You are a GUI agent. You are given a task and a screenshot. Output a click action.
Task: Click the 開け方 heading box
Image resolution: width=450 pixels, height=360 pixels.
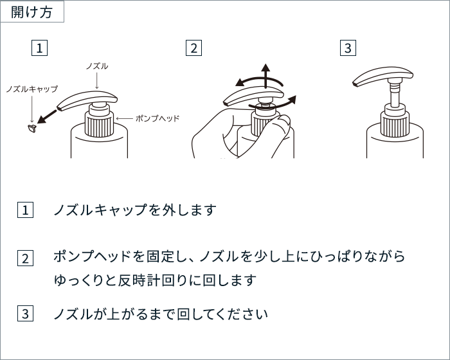tap(32, 12)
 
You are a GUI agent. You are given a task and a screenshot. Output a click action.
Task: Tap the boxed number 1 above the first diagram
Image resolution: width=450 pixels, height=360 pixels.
tap(39, 48)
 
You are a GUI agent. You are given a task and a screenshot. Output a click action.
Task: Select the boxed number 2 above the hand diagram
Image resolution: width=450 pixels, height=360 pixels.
tap(194, 48)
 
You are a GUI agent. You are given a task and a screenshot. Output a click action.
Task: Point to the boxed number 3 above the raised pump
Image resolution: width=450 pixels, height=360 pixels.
tap(348, 48)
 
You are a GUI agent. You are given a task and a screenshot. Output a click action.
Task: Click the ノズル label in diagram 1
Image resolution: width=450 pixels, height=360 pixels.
tap(97, 66)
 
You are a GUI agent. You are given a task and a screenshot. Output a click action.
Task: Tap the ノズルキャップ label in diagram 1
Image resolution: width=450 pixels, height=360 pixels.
tap(32, 89)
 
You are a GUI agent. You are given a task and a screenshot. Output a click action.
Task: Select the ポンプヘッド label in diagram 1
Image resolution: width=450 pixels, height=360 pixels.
tap(157, 118)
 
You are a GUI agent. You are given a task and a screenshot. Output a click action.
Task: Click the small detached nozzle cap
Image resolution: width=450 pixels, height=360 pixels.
tap(32, 129)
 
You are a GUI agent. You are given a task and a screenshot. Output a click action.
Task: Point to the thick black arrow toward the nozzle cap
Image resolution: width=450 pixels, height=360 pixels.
tap(47, 116)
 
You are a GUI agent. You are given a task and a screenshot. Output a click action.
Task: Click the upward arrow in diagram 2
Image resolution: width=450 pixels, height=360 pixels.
tap(265, 76)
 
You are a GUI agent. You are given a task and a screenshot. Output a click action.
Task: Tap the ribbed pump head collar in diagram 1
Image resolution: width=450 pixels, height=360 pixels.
tap(99, 125)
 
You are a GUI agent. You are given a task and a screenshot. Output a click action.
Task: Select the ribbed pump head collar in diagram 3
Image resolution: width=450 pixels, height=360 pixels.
tap(395, 123)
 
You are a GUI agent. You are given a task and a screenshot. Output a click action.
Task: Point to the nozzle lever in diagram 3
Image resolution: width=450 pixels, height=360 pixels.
tap(382, 76)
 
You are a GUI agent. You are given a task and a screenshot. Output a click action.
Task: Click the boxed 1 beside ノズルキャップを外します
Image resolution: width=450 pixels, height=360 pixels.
tap(25, 210)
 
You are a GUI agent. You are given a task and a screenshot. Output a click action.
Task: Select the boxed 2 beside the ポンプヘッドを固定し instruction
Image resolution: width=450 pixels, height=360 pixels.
tap(25, 258)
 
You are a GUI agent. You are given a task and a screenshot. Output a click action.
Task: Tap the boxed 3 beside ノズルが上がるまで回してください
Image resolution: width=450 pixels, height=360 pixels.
tap(25, 313)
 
